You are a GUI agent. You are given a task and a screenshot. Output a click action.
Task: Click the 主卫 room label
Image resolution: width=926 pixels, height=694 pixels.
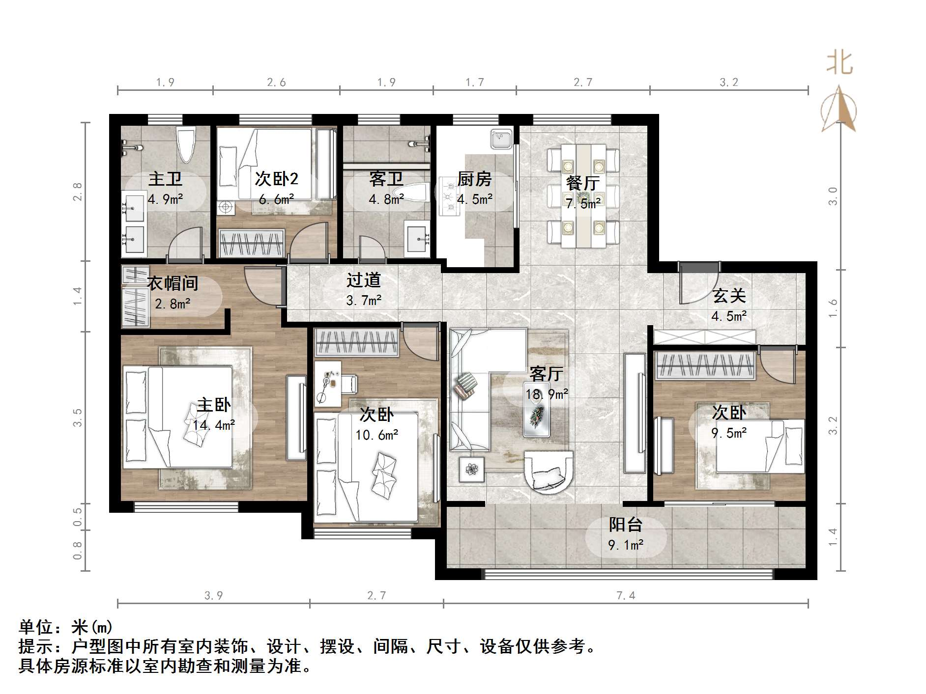tap(165, 178)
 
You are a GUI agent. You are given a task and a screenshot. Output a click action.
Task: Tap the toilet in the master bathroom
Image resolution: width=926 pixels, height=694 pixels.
tap(186, 144)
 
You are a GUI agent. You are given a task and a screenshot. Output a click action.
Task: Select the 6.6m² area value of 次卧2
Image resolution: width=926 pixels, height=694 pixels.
tap(277, 199)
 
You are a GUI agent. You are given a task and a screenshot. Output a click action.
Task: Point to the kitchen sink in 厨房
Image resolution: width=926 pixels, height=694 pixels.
tap(501, 139)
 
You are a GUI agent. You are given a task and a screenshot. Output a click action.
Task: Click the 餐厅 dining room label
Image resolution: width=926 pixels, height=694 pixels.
tap(582, 183)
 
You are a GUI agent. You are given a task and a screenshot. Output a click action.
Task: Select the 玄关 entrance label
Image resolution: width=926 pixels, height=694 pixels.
tap(729, 296)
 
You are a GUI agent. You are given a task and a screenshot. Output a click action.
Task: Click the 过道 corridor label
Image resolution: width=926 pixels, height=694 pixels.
tap(364, 280)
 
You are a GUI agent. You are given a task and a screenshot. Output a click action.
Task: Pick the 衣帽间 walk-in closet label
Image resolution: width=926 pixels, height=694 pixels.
tap(173, 283)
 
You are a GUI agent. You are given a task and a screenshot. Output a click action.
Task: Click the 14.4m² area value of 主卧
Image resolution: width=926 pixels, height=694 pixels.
tap(213, 425)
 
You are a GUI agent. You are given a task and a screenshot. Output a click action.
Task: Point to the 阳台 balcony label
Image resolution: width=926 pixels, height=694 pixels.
tap(625, 525)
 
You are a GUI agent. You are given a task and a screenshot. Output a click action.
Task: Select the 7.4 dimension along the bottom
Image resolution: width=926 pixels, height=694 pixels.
tap(626, 596)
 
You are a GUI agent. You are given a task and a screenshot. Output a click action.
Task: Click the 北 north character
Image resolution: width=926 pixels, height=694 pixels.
tap(839, 63)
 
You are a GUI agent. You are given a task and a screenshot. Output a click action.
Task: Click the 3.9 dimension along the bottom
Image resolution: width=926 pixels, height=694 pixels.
tap(213, 596)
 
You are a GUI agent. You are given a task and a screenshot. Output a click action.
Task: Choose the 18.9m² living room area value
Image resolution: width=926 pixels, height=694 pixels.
tap(547, 394)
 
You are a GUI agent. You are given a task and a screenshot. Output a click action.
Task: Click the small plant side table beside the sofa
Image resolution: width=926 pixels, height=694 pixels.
tap(471, 470)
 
